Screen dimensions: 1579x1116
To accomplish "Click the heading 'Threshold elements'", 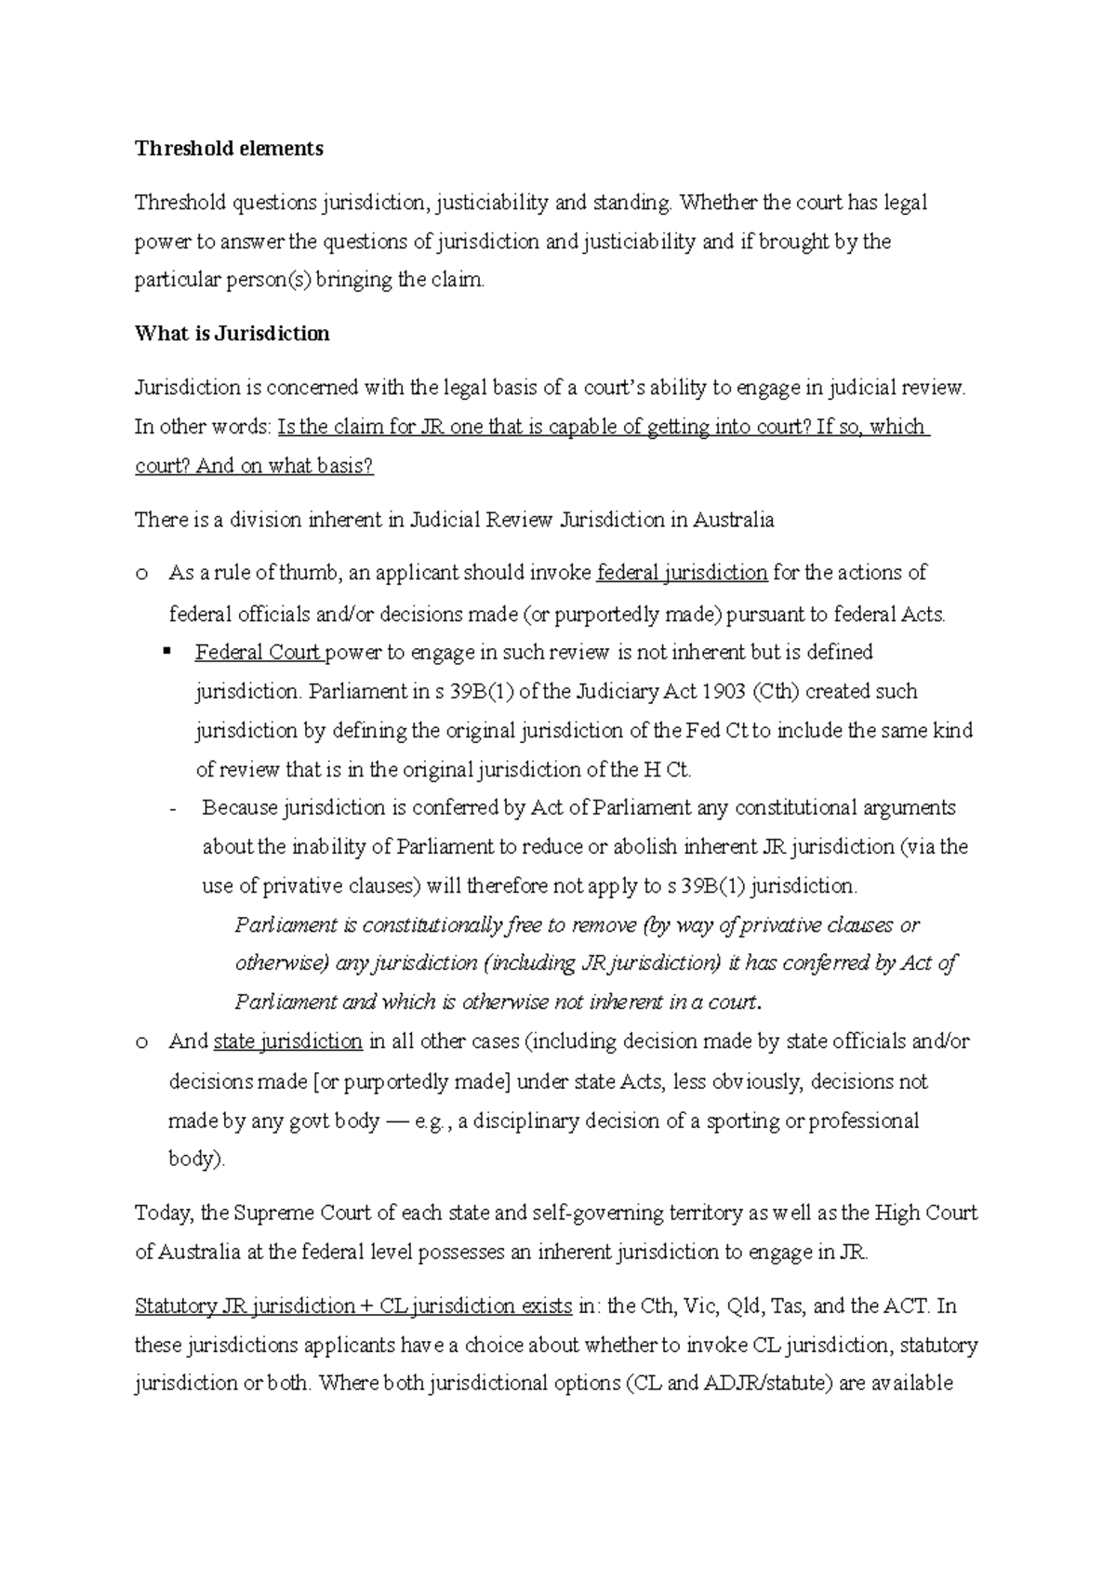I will coord(229,149).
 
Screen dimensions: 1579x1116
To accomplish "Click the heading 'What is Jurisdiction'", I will coord(232,334).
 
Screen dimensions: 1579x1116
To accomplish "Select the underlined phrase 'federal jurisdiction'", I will coord(682,573).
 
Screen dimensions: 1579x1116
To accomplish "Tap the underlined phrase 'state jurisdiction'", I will coord(287,1042).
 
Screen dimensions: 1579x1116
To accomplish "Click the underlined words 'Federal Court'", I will coord(258,653).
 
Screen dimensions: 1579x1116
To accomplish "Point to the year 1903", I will coord(724,692).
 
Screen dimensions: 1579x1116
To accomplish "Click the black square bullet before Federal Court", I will coord(168,652).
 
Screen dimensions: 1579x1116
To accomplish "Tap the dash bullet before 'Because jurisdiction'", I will coord(174,809).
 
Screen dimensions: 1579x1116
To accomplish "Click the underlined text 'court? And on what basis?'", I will coord(254,466).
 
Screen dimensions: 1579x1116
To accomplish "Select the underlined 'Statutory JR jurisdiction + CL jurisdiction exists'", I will coord(353,1306).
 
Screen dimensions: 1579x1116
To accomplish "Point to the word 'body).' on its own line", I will coord(196,1160).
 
